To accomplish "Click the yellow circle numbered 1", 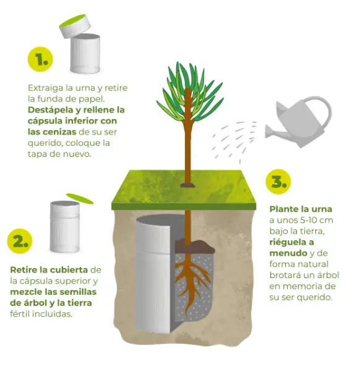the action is pos(40,59).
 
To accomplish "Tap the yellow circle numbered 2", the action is pos(20,241).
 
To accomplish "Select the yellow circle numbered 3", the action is pos(278,181).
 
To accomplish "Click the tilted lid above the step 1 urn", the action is pos(75,25).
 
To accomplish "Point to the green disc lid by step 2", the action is pos(80,198).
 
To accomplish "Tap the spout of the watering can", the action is pos(274,131).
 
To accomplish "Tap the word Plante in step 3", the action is pos(284,209).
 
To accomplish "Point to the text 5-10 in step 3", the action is pos(309,220).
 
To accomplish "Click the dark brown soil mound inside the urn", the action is pos(194,246).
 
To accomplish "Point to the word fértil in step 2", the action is pos(20,314).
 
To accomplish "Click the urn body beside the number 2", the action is pos(64,227).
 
